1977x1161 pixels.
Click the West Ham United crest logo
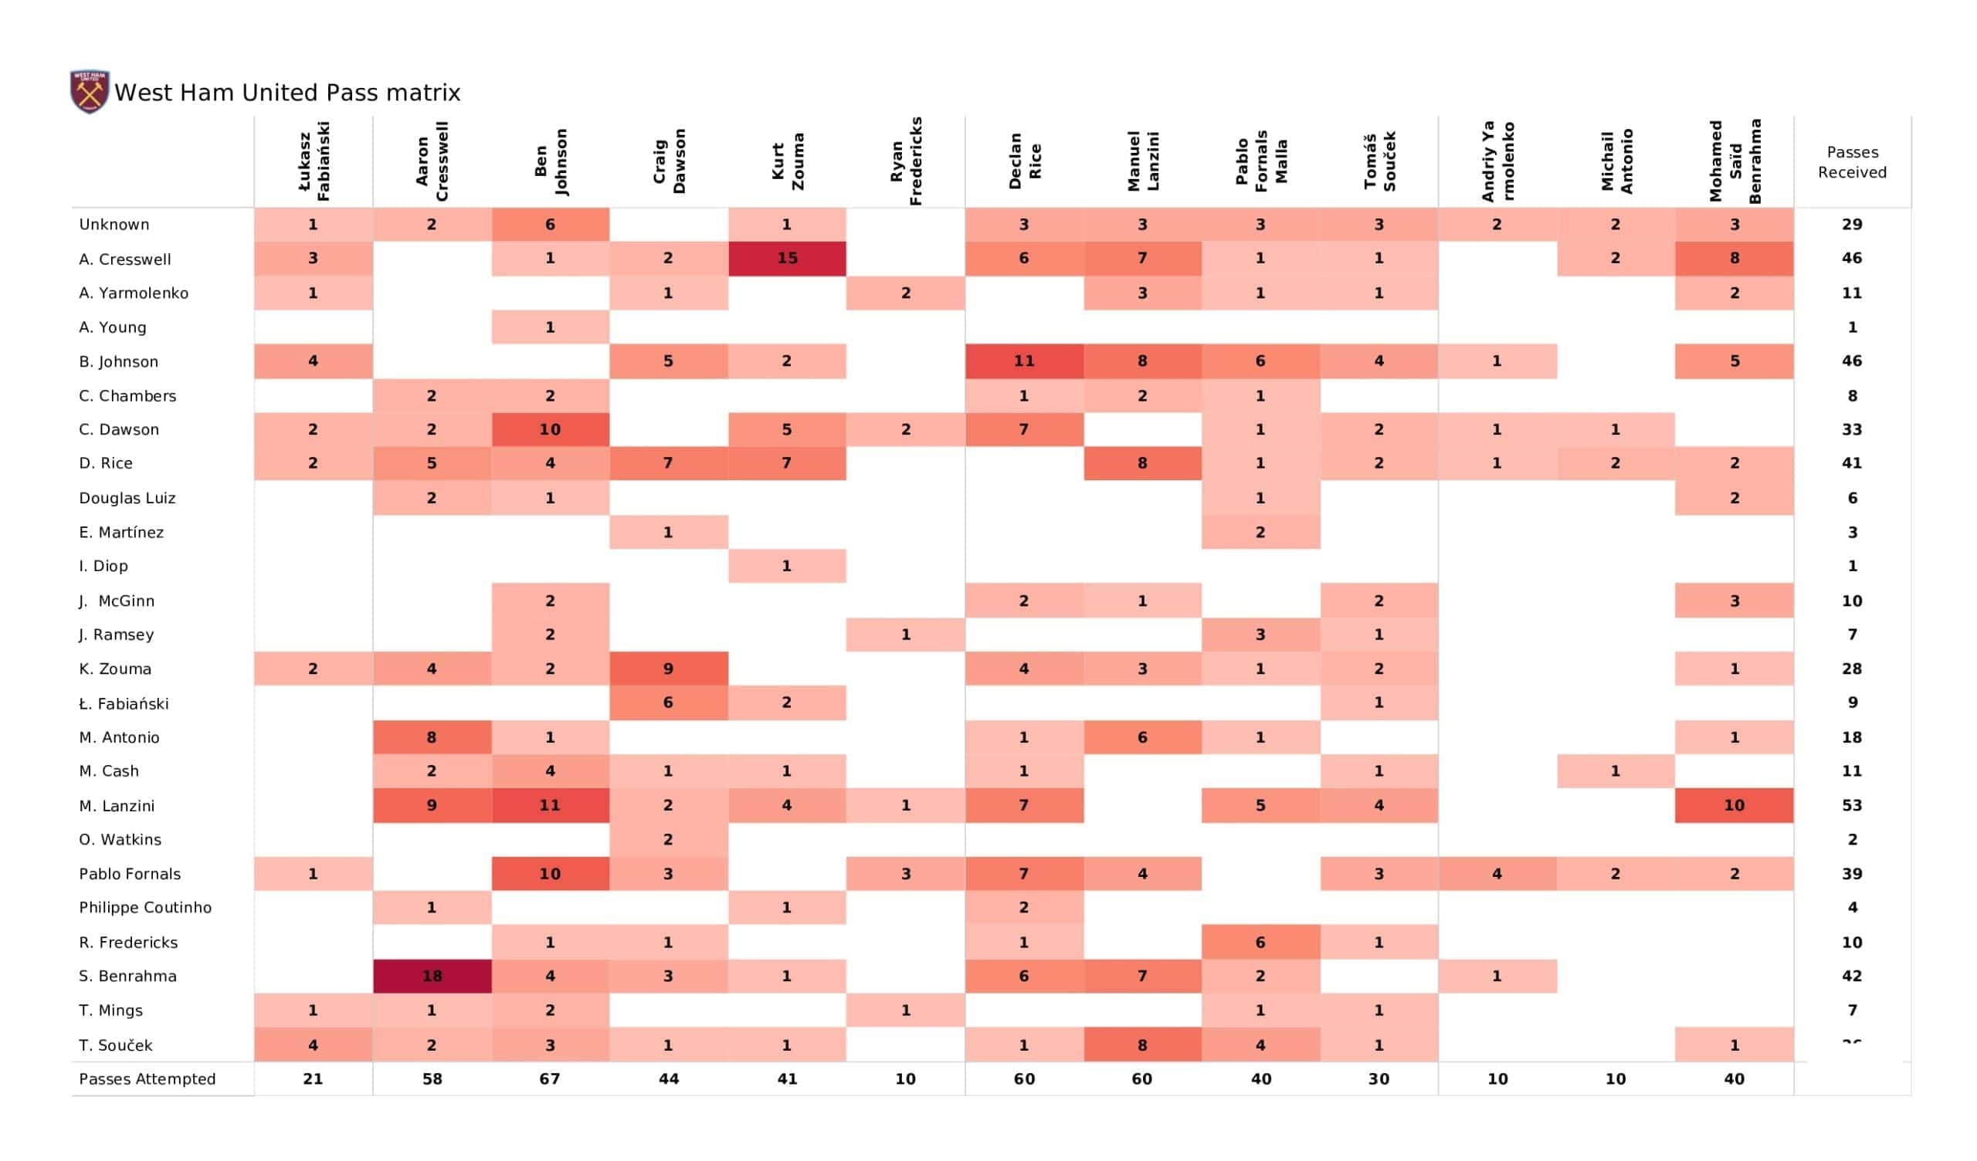click(90, 91)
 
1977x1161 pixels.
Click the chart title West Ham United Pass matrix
click(287, 93)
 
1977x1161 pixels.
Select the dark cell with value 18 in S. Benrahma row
click(432, 976)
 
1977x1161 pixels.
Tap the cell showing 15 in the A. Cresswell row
click(787, 258)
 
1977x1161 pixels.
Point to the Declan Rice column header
click(1025, 161)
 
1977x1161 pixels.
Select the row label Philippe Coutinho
click(145, 908)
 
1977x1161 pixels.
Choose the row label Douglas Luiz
click(127, 498)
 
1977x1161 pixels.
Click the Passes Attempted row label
click(147, 1078)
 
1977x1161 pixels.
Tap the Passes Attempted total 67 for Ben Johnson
click(550, 1078)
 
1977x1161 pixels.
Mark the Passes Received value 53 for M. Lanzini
click(1852, 806)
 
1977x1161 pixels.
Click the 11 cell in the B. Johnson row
click(1024, 360)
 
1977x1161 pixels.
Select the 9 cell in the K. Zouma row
click(669, 669)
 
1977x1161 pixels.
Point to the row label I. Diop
click(103, 567)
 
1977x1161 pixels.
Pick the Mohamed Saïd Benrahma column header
click(1735, 161)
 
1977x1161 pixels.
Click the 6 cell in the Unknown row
click(550, 225)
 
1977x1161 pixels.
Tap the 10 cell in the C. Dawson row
click(550, 430)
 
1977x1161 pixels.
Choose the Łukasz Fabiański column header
click(313, 161)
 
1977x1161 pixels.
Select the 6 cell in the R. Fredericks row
click(1261, 942)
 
